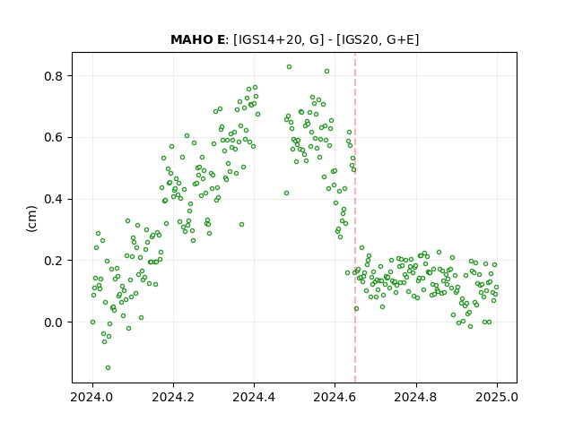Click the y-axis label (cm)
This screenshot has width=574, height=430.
click(32, 219)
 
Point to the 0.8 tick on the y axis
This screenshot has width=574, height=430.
click(54, 76)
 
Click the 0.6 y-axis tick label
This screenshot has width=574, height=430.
click(54, 137)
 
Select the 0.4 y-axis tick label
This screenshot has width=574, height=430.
click(54, 199)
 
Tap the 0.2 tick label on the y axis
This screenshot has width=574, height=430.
click(54, 261)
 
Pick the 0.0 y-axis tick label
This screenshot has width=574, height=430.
click(54, 322)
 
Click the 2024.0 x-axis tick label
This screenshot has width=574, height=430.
click(92, 398)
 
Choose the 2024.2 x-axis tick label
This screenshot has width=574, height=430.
click(173, 398)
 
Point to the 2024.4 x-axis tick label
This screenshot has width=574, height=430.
click(254, 398)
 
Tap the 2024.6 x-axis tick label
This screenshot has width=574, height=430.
click(335, 398)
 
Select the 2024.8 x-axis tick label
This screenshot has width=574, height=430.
click(416, 398)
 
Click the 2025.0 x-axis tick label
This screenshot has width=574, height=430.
click(497, 398)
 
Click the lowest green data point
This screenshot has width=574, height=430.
click(108, 368)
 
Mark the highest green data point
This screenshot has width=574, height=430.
click(289, 67)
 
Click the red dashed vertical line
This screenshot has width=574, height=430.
click(355, 218)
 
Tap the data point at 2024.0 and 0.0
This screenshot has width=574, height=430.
click(92, 322)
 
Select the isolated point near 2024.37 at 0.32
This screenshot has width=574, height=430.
click(241, 225)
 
